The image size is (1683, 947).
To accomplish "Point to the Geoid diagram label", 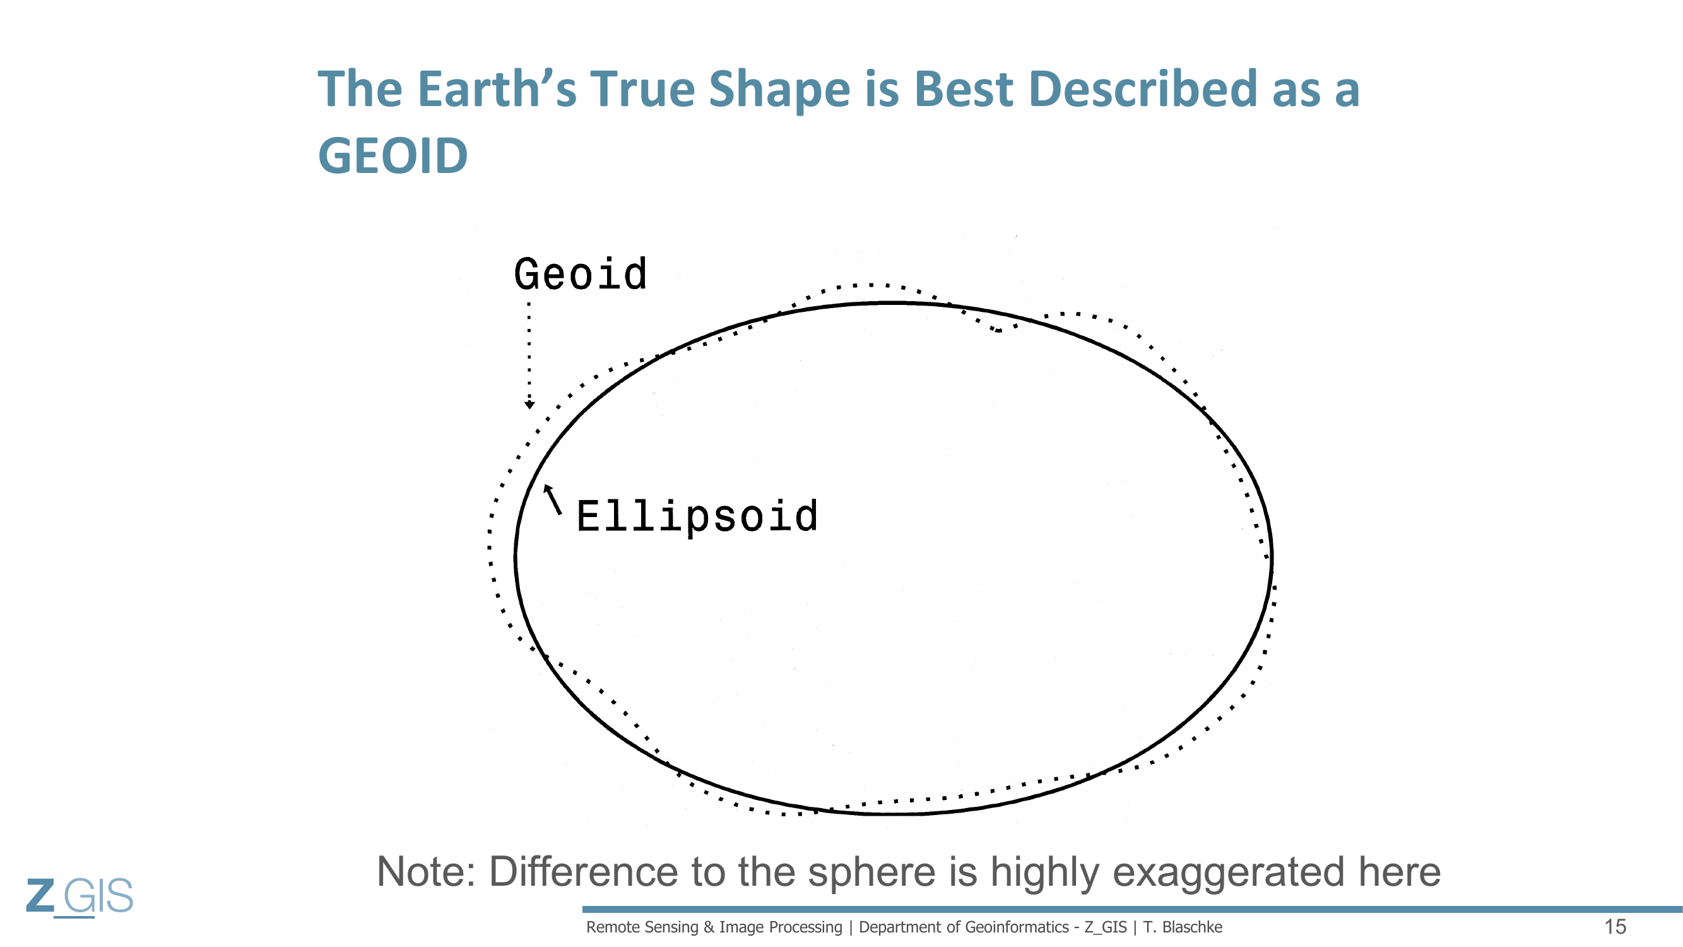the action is point(580,274).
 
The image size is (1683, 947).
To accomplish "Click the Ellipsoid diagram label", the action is point(697,517).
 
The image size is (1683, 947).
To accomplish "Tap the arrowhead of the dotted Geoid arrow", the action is point(529,405).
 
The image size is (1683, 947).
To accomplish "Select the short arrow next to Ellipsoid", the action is point(553,499).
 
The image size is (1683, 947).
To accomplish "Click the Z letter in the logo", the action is point(40,895).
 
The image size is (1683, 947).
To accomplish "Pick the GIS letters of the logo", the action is point(98,895).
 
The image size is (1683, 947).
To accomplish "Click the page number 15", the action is point(1615,927).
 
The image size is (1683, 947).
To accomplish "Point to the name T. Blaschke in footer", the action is point(1183,927).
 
